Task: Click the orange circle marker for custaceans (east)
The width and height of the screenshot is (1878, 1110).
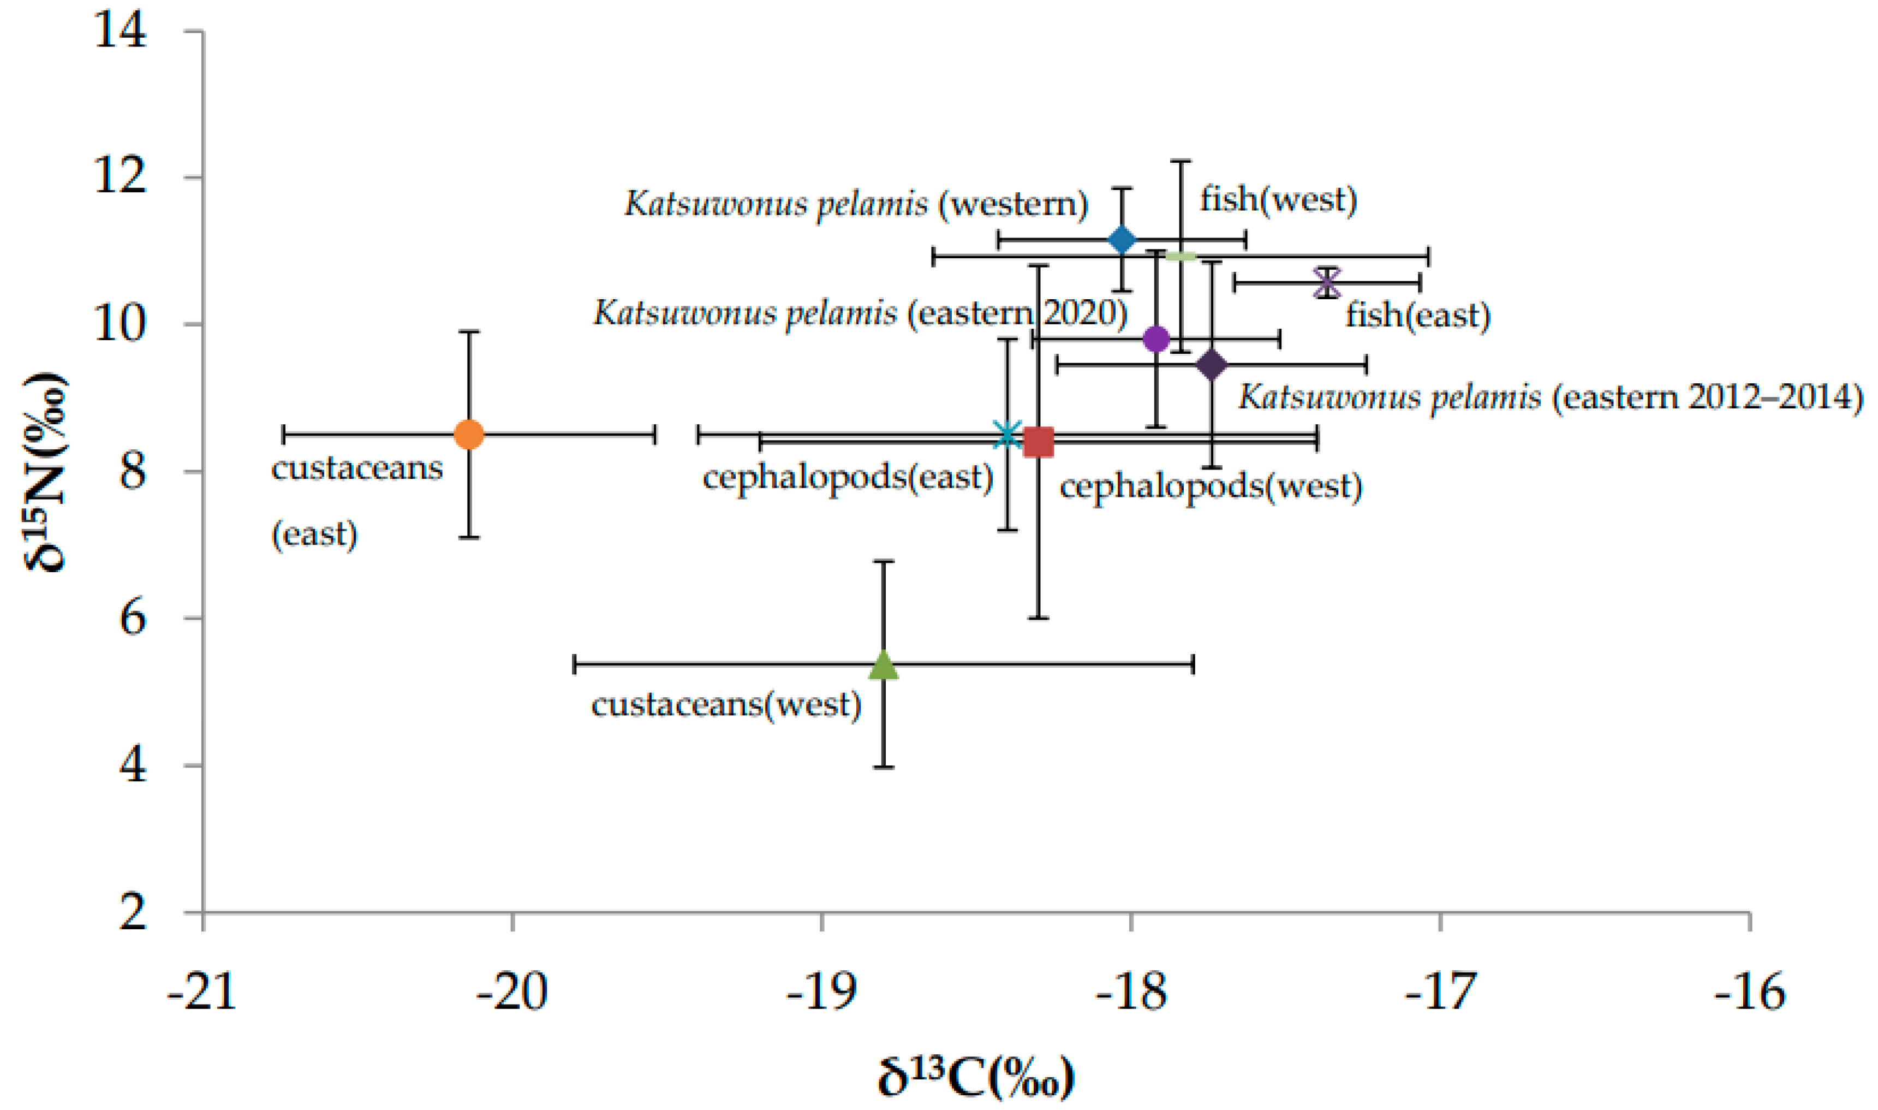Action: [469, 434]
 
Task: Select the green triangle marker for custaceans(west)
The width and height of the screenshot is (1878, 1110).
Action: [884, 665]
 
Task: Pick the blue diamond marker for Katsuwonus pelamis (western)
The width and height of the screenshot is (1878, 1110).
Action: [1122, 240]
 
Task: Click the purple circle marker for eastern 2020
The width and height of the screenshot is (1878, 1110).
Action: [1156, 339]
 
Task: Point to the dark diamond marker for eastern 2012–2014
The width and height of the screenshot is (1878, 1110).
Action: [1211, 365]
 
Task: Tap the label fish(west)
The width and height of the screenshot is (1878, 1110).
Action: [1278, 199]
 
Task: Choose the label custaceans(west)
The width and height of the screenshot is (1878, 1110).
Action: [726, 704]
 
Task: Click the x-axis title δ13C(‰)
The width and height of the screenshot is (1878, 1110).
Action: [976, 1077]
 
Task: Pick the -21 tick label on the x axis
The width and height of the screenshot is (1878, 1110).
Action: [202, 991]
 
